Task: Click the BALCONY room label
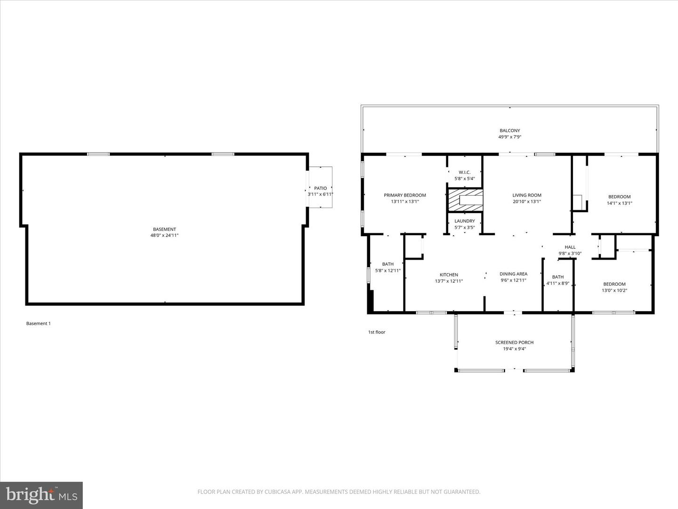509,131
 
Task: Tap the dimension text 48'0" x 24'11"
164,235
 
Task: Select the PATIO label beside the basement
321,188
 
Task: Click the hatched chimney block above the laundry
465,200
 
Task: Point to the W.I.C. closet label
465,172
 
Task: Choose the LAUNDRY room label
465,221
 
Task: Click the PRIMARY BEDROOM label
405,195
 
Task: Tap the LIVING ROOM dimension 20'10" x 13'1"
527,201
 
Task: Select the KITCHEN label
449,275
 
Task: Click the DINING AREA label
513,274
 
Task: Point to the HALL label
570,247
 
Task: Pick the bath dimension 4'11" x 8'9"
558,283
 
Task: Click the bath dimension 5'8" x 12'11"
388,271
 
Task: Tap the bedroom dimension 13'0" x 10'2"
614,290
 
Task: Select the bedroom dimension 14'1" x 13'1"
619,203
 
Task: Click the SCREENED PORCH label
514,343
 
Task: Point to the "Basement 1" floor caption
38,323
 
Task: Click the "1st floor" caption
377,332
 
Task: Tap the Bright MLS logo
41,495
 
